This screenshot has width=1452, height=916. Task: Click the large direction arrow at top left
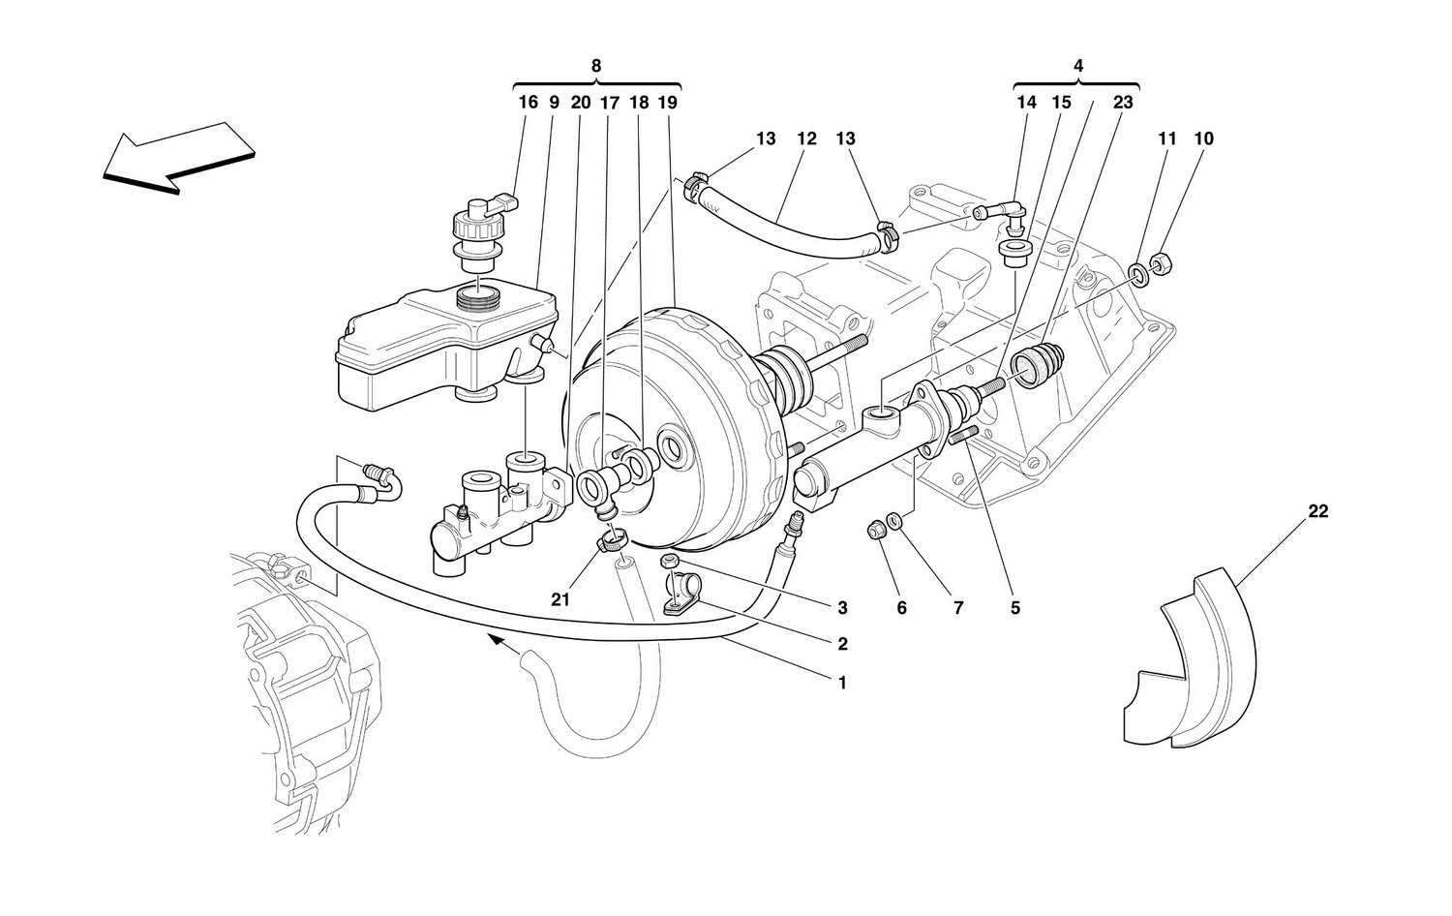click(178, 158)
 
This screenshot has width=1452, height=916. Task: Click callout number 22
click(1317, 511)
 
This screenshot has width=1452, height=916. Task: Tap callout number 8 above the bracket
click(595, 66)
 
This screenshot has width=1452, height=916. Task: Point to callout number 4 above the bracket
click(1077, 66)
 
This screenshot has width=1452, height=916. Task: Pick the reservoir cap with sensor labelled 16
click(484, 234)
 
